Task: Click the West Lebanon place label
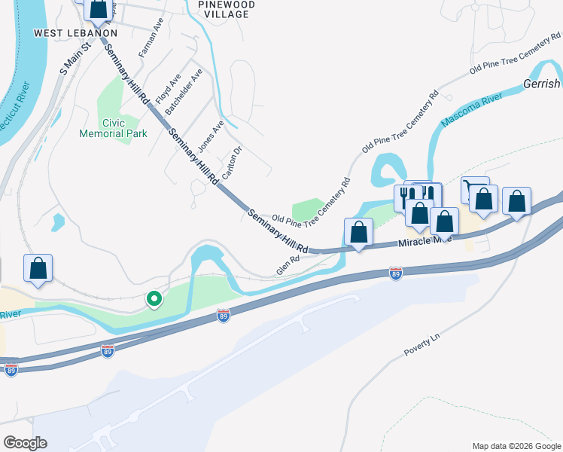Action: (x=76, y=33)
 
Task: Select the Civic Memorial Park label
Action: (x=113, y=128)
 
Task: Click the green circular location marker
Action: (x=154, y=300)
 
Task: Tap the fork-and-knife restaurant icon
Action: (x=405, y=197)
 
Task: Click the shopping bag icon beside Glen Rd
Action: (x=358, y=232)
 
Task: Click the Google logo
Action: (x=26, y=442)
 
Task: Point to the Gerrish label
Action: (x=542, y=84)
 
